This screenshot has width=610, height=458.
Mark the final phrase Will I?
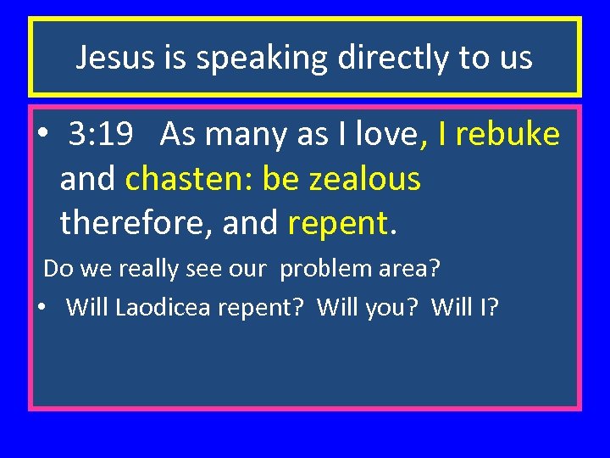pyautogui.click(x=465, y=306)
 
